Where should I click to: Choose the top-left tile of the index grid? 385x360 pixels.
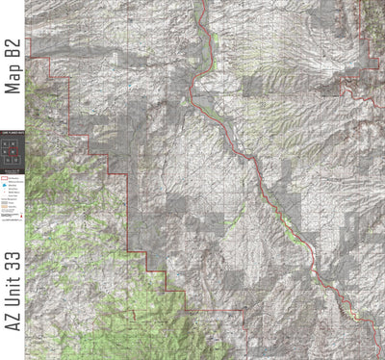tap(6, 142)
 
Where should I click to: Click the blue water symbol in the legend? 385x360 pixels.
tap(5, 184)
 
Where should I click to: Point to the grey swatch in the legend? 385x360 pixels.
tap(5, 202)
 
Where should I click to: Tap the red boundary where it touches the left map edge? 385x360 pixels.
tap(29, 59)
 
